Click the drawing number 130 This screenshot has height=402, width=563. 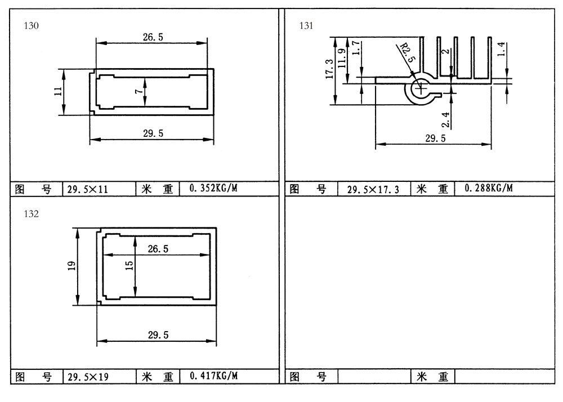tap(31, 25)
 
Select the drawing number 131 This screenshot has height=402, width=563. tap(306, 25)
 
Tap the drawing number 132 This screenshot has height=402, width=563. tap(31, 213)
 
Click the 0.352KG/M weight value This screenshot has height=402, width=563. tap(213, 188)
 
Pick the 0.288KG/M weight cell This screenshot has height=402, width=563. tap(489, 187)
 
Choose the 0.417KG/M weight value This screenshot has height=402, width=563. tap(213, 376)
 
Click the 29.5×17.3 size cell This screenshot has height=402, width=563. tap(373, 190)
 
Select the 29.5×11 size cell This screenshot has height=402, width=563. tap(88, 189)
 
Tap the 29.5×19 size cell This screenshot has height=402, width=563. tap(88, 377)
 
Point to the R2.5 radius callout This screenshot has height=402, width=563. tap(408, 52)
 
